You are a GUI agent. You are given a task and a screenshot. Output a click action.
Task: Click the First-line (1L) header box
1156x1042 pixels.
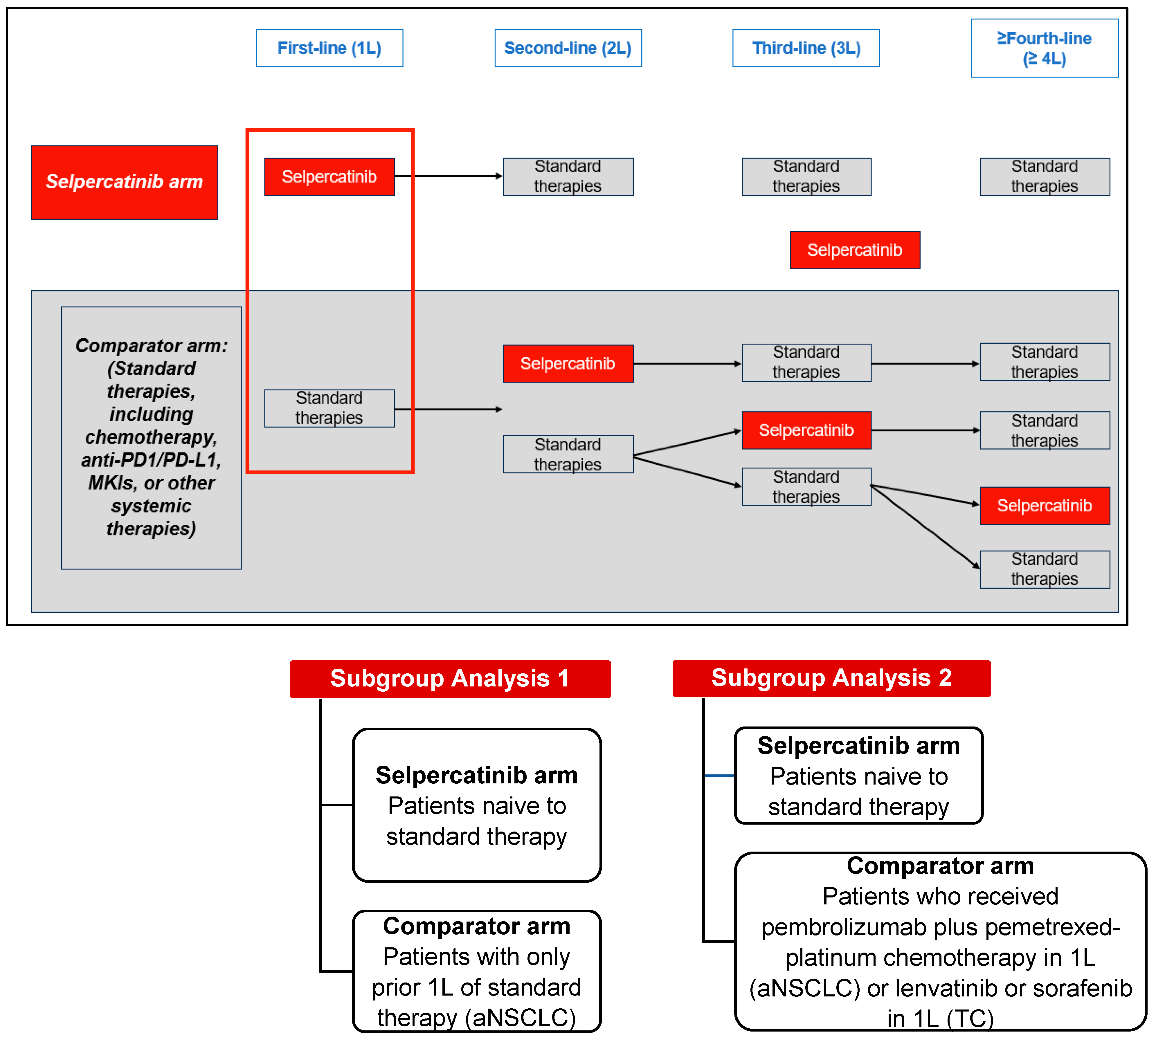(x=329, y=48)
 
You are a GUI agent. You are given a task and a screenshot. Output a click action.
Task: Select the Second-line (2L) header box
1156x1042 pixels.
(x=568, y=48)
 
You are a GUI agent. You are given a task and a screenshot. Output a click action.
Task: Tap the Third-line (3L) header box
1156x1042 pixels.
(x=806, y=48)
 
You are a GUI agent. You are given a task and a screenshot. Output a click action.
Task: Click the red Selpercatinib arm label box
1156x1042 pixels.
(x=124, y=182)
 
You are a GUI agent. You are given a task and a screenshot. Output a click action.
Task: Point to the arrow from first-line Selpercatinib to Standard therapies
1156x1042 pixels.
(x=448, y=176)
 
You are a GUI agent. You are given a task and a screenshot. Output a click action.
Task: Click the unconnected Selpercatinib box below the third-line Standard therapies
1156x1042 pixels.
(x=854, y=250)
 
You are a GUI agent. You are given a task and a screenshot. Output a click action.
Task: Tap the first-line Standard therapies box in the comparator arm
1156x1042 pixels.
(x=329, y=408)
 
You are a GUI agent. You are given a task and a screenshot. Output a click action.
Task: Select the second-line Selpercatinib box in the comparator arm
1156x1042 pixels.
(x=568, y=364)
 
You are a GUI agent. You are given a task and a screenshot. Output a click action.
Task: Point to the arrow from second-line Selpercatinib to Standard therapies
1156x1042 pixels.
(x=687, y=364)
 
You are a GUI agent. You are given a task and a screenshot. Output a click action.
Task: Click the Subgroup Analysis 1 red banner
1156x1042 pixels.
(x=450, y=678)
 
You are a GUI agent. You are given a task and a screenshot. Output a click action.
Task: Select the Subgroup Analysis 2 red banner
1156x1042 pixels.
(x=831, y=678)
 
